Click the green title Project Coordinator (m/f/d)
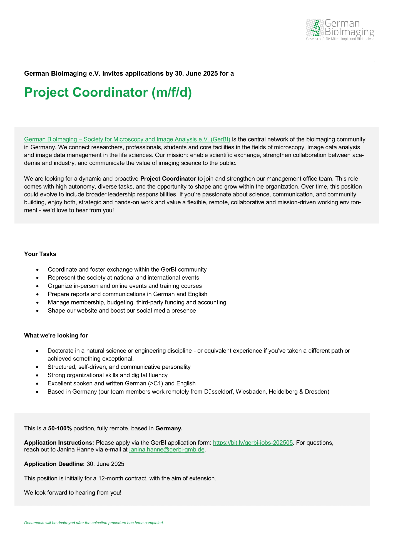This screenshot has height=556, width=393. pos(108,93)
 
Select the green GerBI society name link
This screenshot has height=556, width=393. pos(127,139)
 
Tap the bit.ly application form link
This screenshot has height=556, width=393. pos(253,443)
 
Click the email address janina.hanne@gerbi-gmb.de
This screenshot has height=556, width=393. pos(167,450)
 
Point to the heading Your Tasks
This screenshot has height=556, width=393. pos(40,254)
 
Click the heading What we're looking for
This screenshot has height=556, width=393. pos(56,336)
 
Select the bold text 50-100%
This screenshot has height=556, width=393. pos(60,428)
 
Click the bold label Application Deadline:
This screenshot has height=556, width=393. pos(54,464)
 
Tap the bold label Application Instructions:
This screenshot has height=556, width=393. pos(59,443)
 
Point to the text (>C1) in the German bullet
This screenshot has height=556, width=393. pos(156,383)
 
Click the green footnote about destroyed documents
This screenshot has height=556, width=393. pos(94,523)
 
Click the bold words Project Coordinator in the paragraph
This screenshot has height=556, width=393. pos(168,178)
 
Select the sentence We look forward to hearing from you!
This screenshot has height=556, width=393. pos(73,493)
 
